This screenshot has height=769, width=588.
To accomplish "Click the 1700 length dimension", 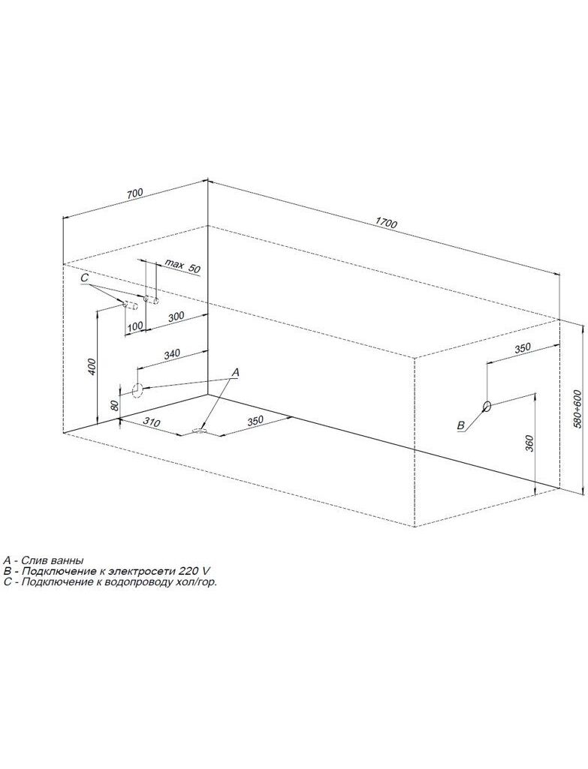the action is pos(385,222).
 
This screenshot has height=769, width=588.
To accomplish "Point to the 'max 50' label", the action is pos(182,267).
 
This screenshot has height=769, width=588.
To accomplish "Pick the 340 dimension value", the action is pos(173,353).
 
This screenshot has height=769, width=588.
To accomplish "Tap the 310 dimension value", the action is pos(152,422).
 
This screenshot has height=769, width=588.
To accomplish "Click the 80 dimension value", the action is pos(114,405).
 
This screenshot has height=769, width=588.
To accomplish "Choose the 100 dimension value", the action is pos(135,326).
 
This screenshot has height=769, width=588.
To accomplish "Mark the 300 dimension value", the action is pos(176,317).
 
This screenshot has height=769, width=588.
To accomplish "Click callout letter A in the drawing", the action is pos(235,373).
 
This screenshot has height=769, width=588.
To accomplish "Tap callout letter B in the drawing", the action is pos(460,425).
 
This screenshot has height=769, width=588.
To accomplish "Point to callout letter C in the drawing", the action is pos(84,278).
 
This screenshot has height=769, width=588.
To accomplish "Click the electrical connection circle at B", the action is pos(487,406).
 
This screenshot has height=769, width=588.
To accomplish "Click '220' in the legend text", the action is pos(190,571).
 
